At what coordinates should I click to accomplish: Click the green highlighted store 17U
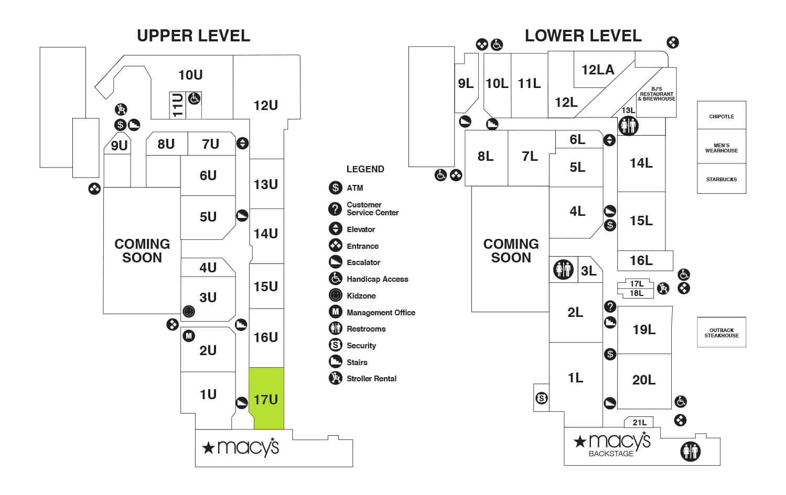pyautogui.click(x=266, y=399)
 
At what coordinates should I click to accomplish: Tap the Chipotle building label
pyautogui.click(x=722, y=116)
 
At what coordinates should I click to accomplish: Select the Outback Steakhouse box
pyautogui.click(x=722, y=333)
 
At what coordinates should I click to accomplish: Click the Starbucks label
pyautogui.click(x=722, y=179)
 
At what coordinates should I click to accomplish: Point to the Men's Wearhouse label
pyautogui.click(x=722, y=148)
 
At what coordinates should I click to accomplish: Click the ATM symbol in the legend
pyautogui.click(x=336, y=188)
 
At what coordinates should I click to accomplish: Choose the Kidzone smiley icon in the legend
pyautogui.click(x=336, y=295)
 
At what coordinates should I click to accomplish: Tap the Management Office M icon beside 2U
pyautogui.click(x=189, y=336)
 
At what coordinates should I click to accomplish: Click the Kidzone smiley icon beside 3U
pyautogui.click(x=189, y=312)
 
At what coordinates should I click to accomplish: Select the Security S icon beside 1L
pyautogui.click(x=542, y=398)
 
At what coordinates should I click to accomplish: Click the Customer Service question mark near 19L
pyautogui.click(x=610, y=306)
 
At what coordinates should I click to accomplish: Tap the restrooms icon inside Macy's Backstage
pyautogui.click(x=690, y=451)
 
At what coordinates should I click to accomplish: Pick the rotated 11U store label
pyautogui.click(x=178, y=105)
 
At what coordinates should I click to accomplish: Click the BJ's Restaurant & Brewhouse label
pyautogui.click(x=656, y=94)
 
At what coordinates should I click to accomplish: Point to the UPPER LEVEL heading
pyautogui.click(x=193, y=36)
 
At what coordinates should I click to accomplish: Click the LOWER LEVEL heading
pyautogui.click(x=583, y=36)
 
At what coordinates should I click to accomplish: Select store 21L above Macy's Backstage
pyautogui.click(x=640, y=422)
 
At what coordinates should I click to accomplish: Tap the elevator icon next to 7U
pyautogui.click(x=242, y=143)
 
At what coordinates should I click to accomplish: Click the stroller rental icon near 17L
pyautogui.click(x=663, y=288)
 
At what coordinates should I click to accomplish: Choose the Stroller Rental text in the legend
pyautogui.click(x=371, y=378)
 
